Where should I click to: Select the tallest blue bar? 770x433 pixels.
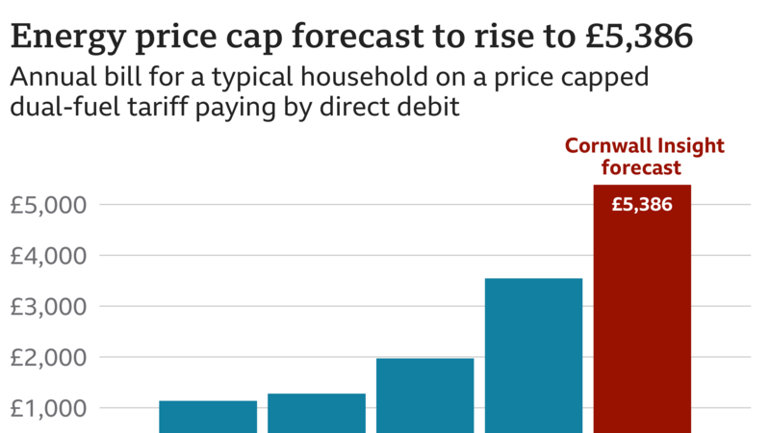533,355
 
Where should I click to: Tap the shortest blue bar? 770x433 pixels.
208,416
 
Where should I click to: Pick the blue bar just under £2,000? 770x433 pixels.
424,395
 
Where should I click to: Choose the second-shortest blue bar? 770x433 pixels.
317,412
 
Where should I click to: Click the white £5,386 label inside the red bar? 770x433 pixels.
642,204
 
